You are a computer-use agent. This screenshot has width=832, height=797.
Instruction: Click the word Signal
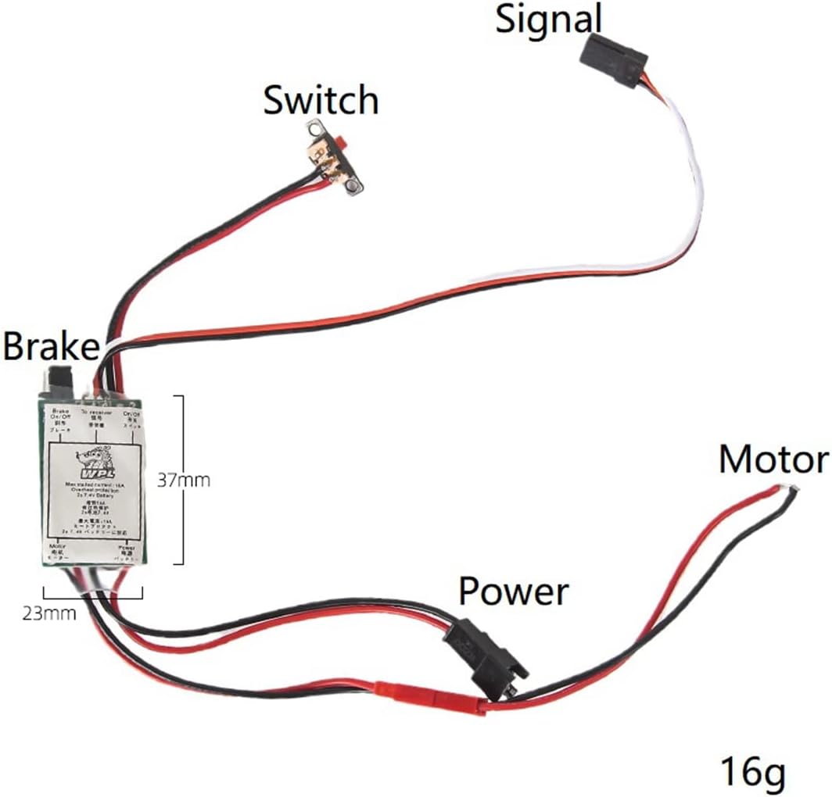(x=549, y=20)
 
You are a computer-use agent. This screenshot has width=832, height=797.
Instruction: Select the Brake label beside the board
(x=50, y=346)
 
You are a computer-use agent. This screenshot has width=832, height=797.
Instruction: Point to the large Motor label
(x=773, y=460)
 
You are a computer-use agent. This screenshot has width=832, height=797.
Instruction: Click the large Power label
(x=513, y=591)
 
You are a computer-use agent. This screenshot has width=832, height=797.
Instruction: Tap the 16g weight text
(x=752, y=772)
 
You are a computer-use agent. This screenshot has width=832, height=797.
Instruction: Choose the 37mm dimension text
(x=185, y=479)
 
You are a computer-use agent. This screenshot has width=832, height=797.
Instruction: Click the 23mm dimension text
(x=50, y=613)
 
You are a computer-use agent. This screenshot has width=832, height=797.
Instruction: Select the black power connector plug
(x=485, y=657)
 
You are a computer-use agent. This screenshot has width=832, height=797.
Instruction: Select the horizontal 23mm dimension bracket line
(x=93, y=597)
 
